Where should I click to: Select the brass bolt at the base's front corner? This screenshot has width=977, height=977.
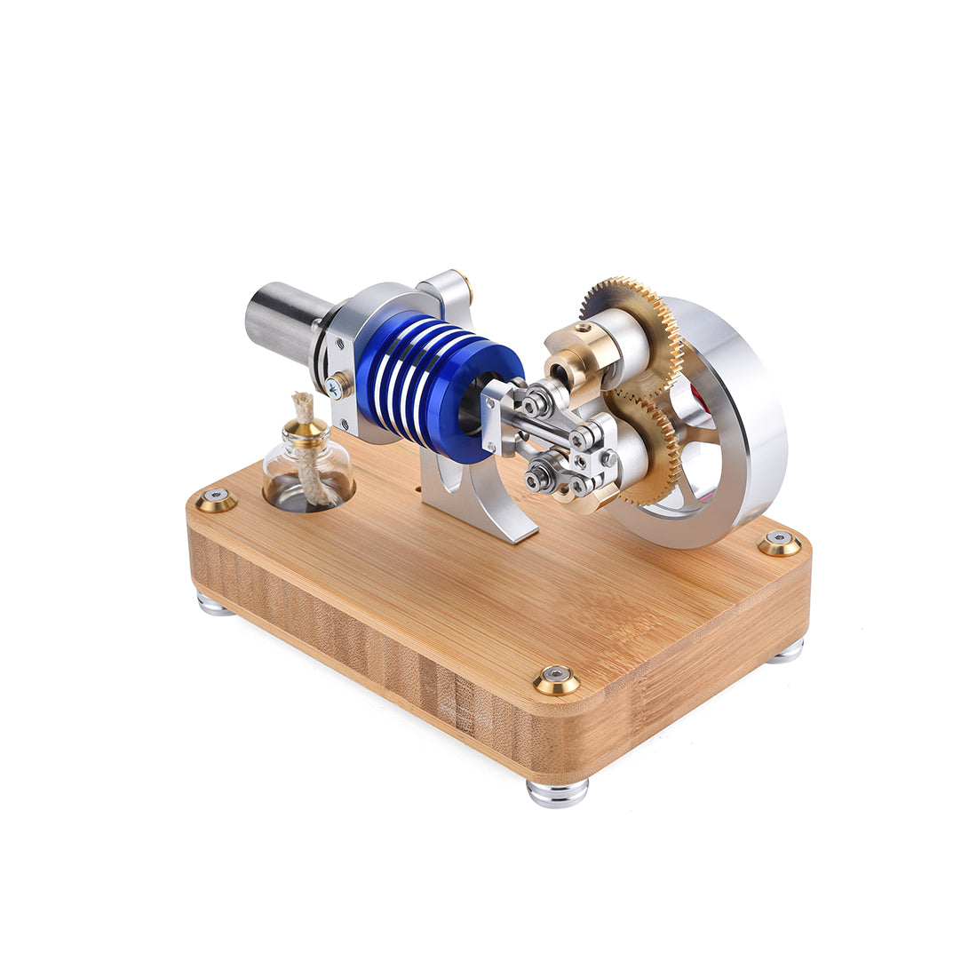click(x=557, y=680)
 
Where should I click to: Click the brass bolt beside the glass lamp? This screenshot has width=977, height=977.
click(x=217, y=501)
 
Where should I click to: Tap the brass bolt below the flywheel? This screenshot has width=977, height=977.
click(x=779, y=543)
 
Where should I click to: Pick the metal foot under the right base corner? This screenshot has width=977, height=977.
click(x=786, y=652)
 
